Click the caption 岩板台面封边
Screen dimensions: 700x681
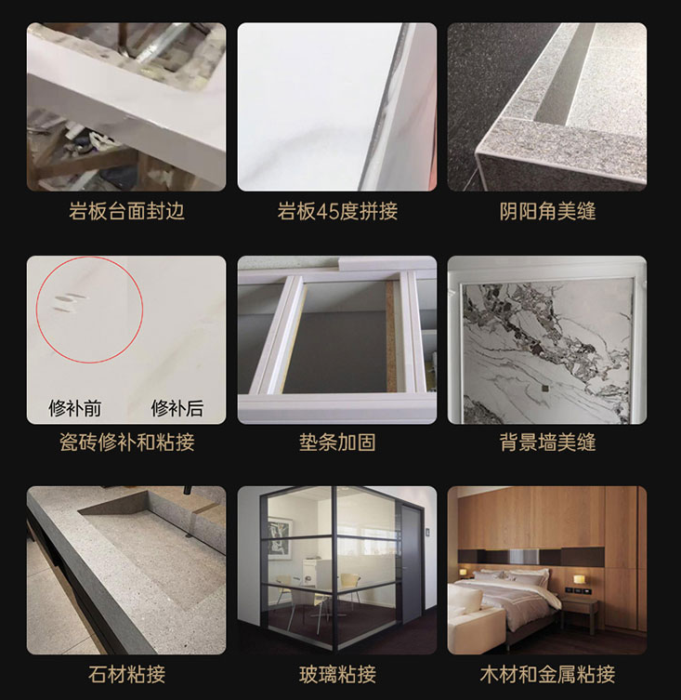click(x=126, y=211)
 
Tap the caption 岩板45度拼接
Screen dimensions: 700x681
click(x=337, y=211)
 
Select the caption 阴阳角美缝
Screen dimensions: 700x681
click(x=547, y=211)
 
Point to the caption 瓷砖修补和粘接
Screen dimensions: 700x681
click(x=126, y=442)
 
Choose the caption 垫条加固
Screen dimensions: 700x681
click(x=337, y=442)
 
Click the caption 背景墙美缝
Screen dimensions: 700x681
click(x=547, y=442)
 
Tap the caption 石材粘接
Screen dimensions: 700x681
click(x=126, y=672)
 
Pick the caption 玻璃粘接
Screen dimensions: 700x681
click(x=337, y=672)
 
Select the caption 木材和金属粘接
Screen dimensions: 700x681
click(x=547, y=672)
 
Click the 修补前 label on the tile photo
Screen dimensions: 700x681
click(x=75, y=407)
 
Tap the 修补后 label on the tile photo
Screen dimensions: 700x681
click(x=177, y=407)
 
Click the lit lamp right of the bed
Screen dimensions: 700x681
click(x=579, y=581)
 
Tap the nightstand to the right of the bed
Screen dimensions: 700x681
click(x=580, y=610)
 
